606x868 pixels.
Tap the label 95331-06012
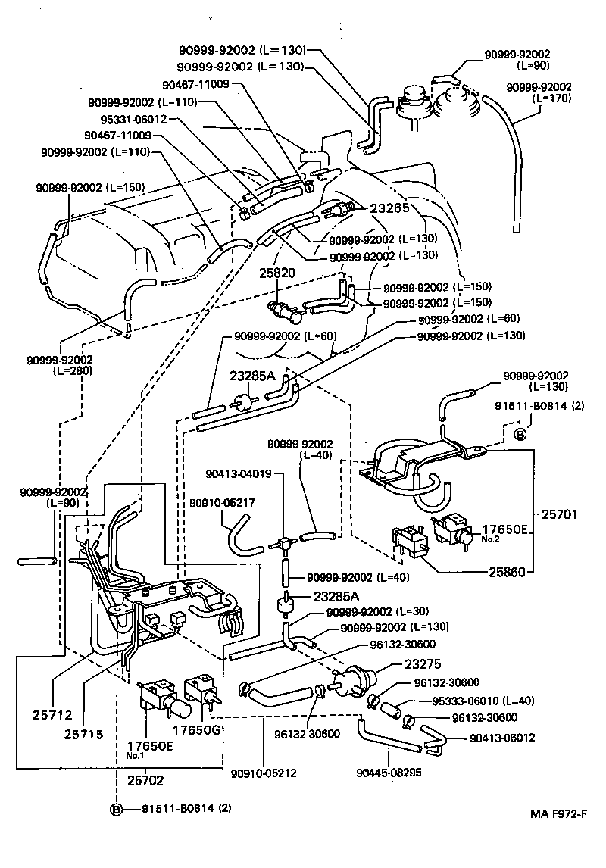click(133, 119)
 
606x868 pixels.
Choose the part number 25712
click(51, 713)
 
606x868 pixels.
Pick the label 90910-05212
click(264, 773)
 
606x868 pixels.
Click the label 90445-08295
click(387, 773)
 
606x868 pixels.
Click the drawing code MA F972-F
click(558, 814)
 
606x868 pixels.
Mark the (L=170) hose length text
click(552, 98)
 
